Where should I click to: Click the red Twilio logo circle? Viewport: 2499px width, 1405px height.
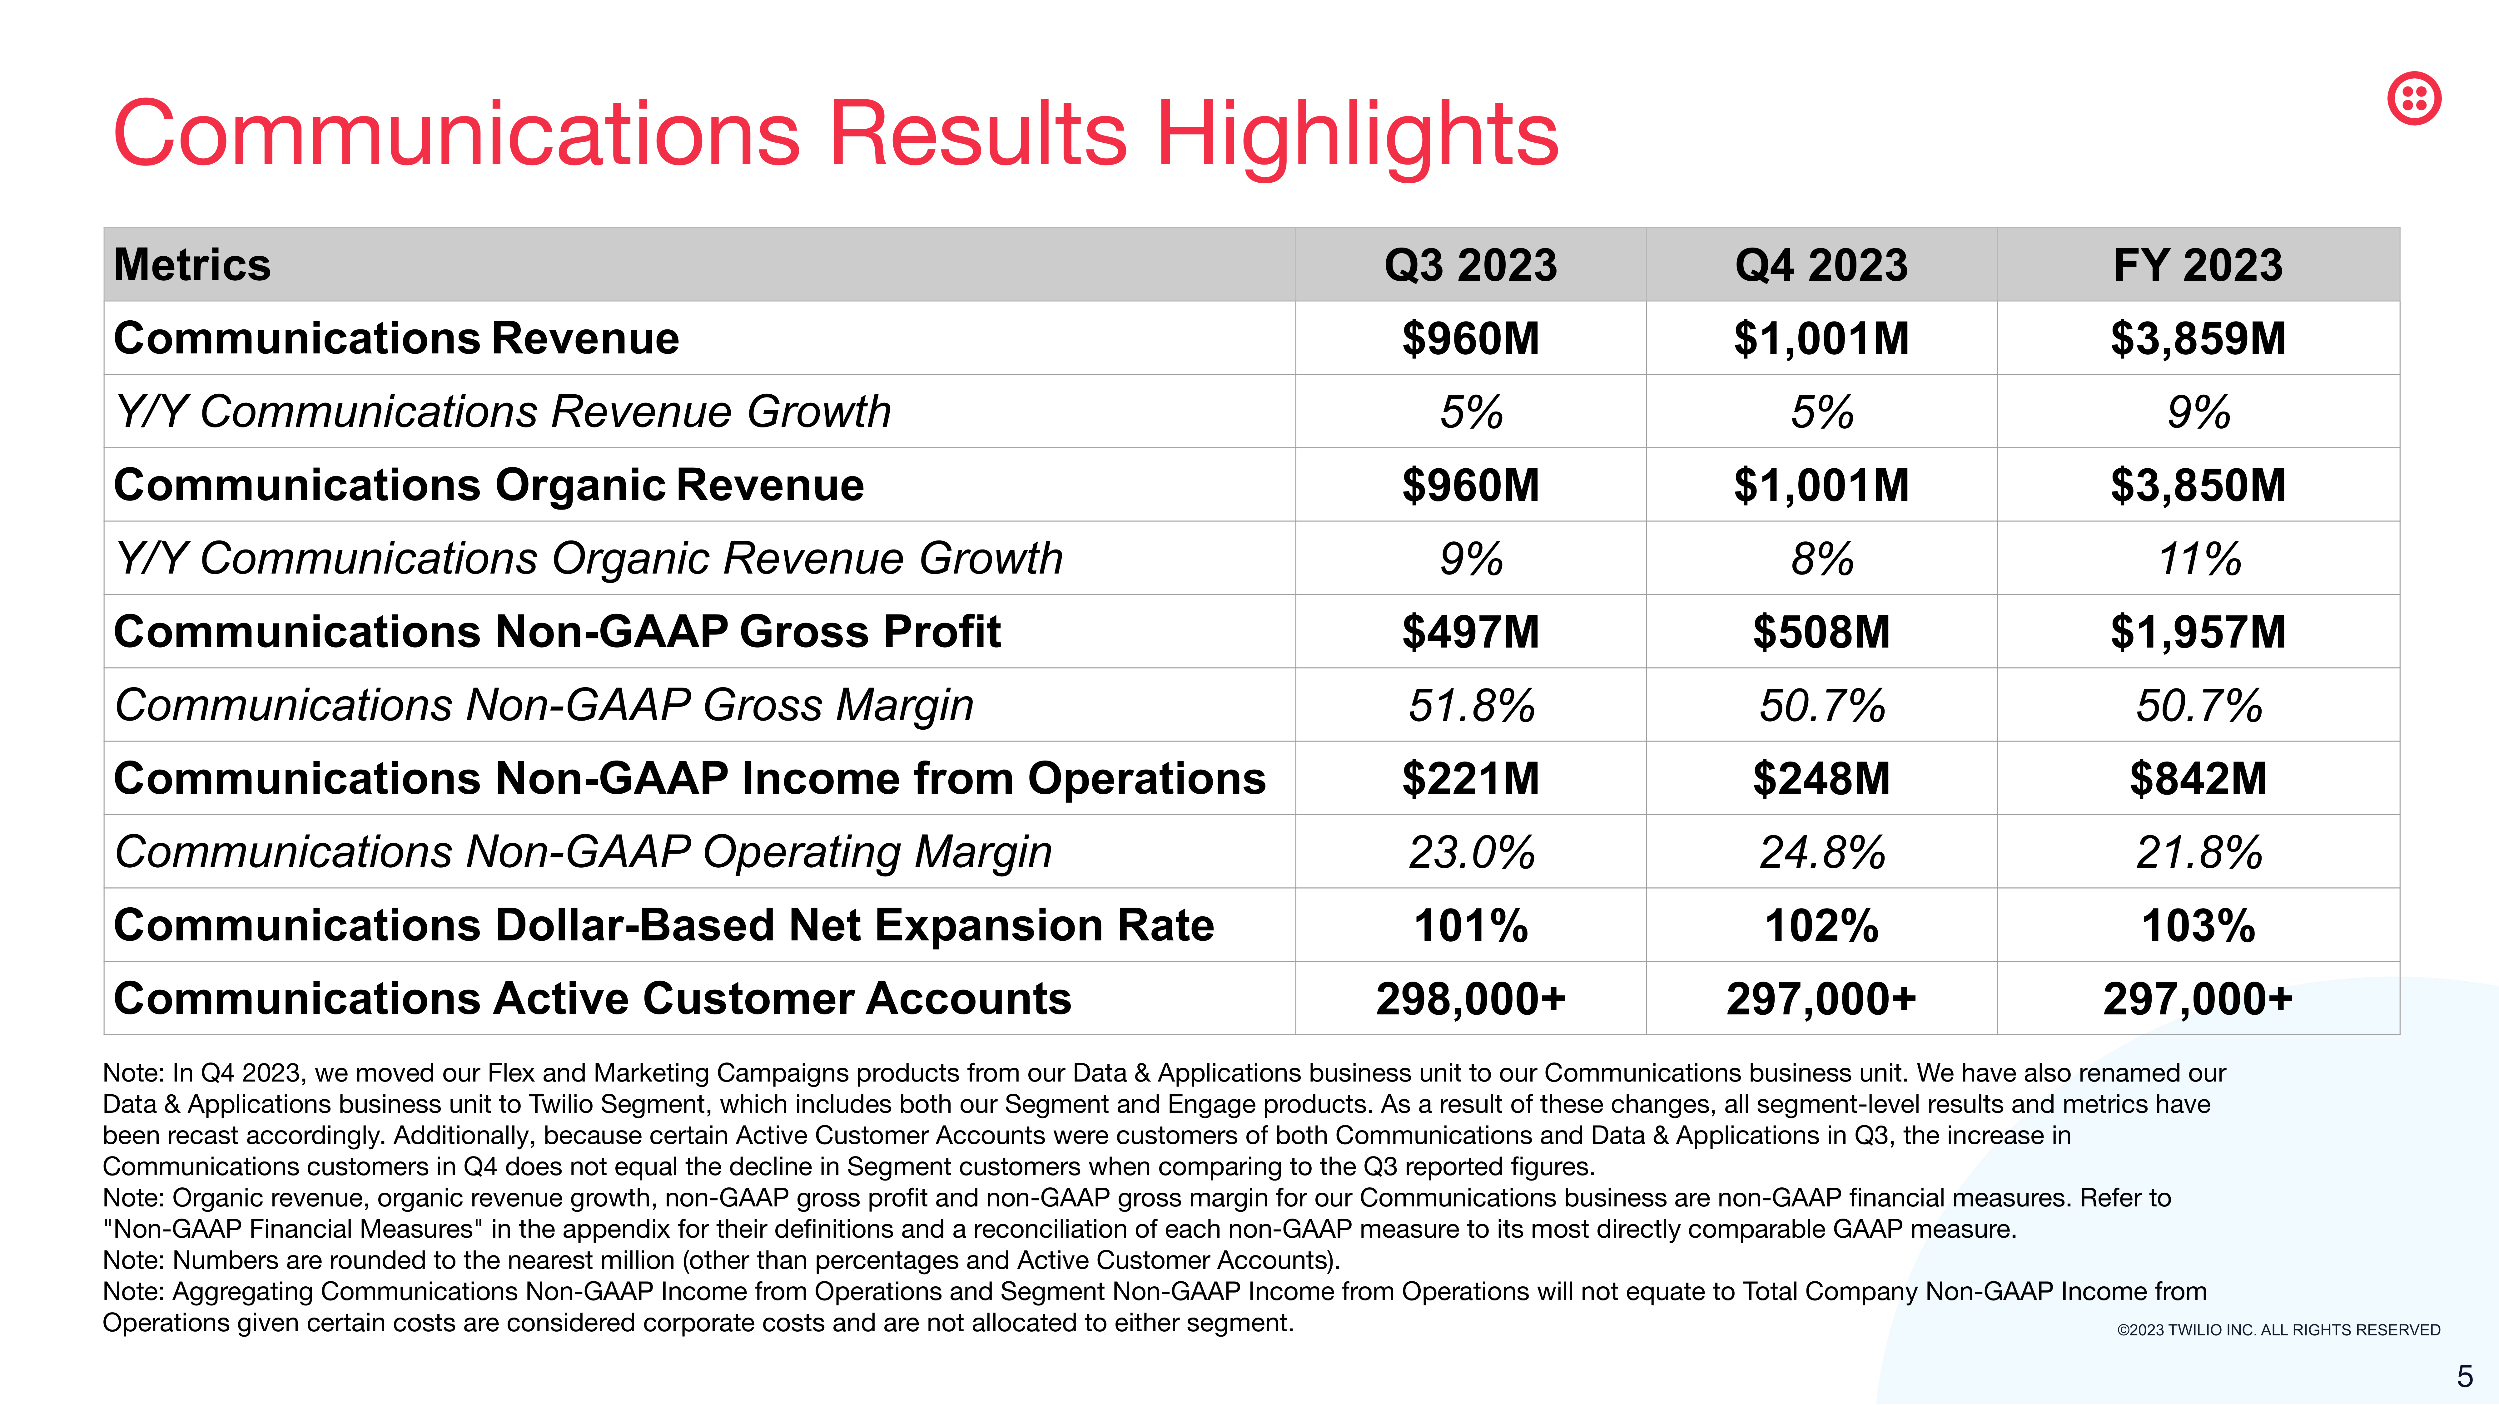click(x=2414, y=98)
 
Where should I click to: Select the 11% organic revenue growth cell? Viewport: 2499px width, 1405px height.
click(x=2198, y=559)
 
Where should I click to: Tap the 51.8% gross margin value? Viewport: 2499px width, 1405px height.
click(x=1471, y=705)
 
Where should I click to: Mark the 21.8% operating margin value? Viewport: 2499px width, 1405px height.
click(x=2198, y=852)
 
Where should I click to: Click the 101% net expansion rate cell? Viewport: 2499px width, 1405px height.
click(x=1471, y=925)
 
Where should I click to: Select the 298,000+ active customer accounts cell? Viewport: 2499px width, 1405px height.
click(x=1471, y=999)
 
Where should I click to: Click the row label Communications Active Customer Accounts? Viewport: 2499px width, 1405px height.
click(x=592, y=999)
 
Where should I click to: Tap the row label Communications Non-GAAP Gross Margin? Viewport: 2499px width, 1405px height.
click(x=543, y=705)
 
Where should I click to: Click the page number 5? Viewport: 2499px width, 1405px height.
click(x=2464, y=1376)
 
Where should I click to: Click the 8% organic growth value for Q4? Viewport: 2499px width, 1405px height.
click(x=1822, y=559)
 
